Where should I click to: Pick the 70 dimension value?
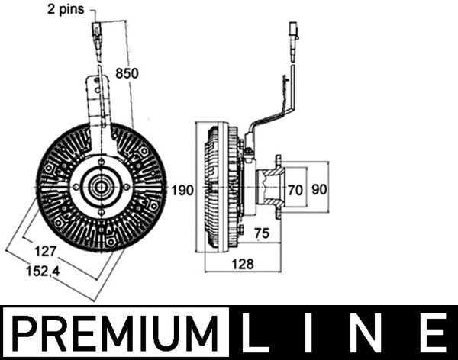296,190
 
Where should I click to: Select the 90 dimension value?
318,190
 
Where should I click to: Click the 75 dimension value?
261,234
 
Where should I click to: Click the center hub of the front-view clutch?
101,186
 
